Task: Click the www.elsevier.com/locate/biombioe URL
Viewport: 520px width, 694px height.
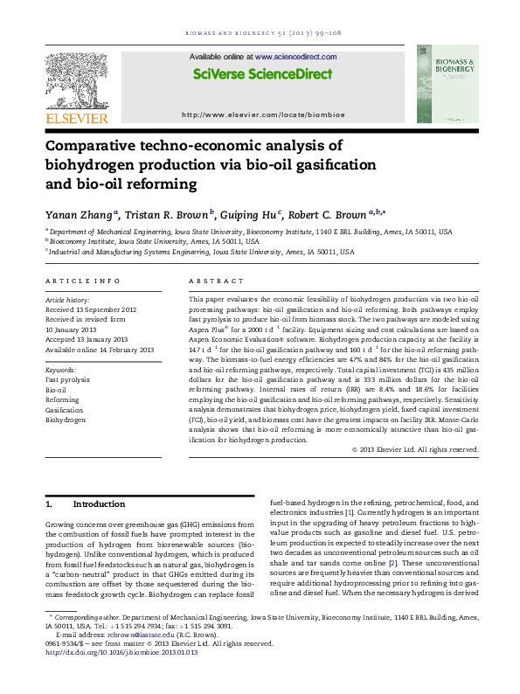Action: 260,115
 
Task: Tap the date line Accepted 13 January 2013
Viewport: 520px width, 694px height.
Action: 84,337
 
